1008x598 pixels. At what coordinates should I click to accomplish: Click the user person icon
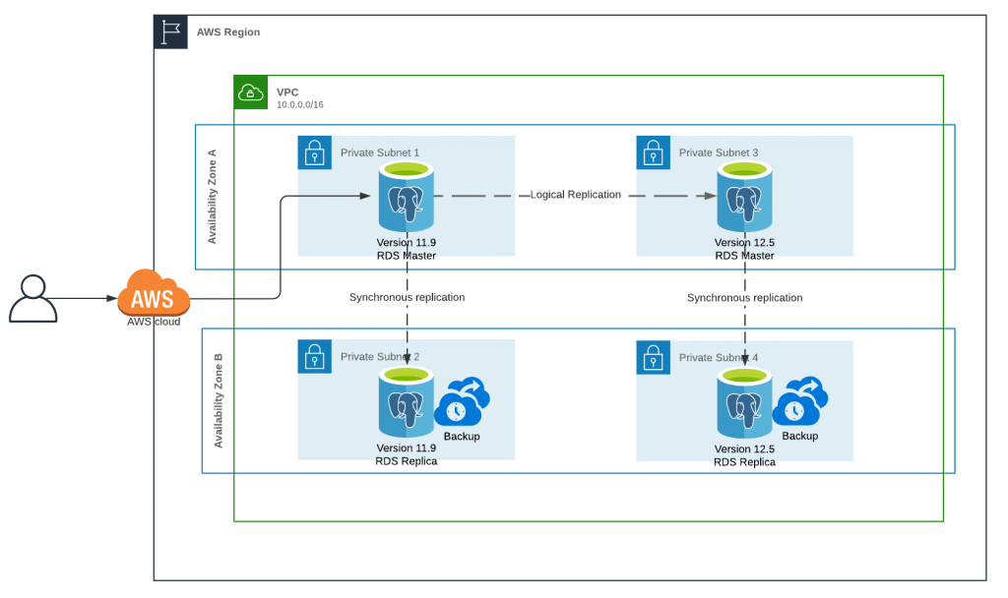33,299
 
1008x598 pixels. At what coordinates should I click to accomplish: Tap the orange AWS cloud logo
153,292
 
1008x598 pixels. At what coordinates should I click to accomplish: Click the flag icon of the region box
171,32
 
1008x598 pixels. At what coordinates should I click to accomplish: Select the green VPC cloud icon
251,92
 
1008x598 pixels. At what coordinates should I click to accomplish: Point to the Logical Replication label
576,195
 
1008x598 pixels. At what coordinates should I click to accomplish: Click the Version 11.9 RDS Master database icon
407,198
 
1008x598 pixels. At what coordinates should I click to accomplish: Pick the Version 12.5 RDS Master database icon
745,198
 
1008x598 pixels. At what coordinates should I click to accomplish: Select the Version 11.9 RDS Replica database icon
407,403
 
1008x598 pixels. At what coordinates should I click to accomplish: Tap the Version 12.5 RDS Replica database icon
745,403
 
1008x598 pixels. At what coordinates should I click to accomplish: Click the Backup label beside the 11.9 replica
462,436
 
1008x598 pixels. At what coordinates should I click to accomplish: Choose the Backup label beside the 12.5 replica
800,436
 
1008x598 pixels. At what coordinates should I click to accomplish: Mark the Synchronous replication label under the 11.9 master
407,297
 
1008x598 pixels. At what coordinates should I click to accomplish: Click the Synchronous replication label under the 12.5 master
745,297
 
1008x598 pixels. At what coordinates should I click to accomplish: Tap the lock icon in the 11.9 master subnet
314,152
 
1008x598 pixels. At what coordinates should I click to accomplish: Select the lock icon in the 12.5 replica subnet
653,357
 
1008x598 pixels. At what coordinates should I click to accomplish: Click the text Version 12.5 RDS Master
745,250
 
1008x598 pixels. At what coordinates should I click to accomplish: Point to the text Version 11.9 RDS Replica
407,454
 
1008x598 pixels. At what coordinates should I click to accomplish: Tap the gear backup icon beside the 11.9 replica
463,402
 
